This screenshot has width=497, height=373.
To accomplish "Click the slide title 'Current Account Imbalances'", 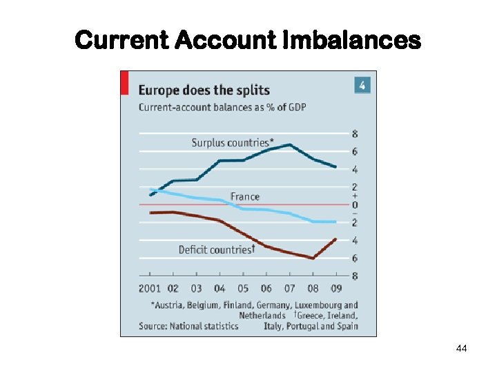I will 247,41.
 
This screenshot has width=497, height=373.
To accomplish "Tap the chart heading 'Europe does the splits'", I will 204,90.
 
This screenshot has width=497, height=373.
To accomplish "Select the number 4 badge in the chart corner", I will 362,86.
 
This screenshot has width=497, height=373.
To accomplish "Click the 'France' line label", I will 245,197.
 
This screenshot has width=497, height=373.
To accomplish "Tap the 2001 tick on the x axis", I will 150,289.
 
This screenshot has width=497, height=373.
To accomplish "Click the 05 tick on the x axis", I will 243,289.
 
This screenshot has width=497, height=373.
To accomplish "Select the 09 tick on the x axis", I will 336,289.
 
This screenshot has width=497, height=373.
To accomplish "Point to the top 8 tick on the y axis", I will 355,134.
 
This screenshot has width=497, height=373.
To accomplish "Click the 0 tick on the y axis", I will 355,205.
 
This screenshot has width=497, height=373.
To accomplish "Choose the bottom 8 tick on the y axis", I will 355,276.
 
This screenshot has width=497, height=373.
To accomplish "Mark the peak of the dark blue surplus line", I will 290,145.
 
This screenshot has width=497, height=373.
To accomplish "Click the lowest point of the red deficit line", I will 313,258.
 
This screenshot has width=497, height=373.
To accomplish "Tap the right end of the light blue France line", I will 335,222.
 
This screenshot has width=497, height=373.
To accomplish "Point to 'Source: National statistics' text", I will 188,325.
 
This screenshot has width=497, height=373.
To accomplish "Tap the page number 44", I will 462,349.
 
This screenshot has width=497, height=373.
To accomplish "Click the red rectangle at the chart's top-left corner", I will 124,82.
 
